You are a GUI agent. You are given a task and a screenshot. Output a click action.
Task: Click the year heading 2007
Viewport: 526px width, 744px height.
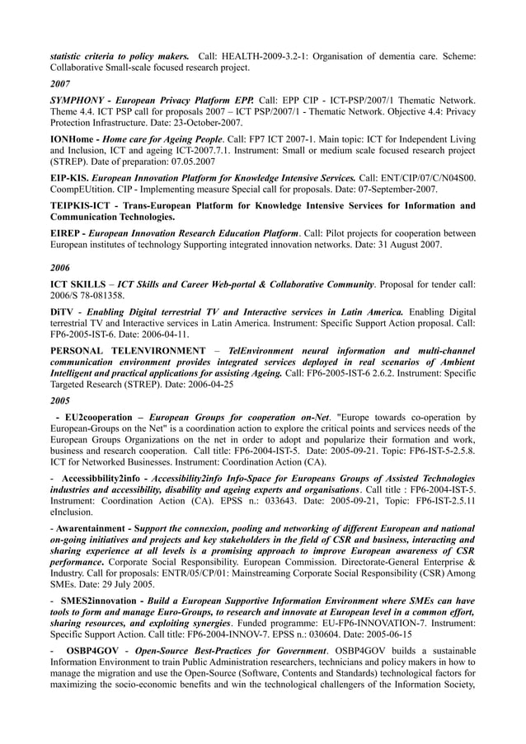(60, 83)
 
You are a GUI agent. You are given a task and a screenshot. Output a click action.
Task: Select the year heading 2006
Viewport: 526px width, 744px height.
(60, 268)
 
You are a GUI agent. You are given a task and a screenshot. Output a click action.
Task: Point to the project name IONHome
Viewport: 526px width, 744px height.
(73, 139)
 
